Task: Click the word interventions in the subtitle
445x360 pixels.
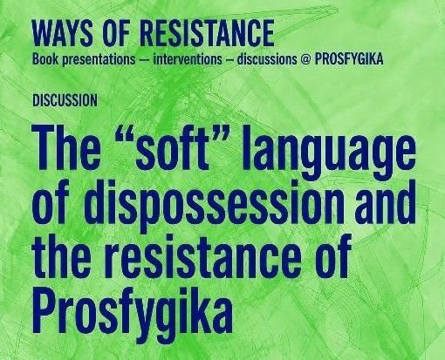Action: pos(188,59)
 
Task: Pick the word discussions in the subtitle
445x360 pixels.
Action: pos(267,59)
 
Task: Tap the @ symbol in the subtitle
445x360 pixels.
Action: pos(305,59)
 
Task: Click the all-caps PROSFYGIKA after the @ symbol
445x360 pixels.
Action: pos(349,59)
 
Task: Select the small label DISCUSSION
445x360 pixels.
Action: pos(65,100)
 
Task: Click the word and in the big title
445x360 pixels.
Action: pos(385,201)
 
